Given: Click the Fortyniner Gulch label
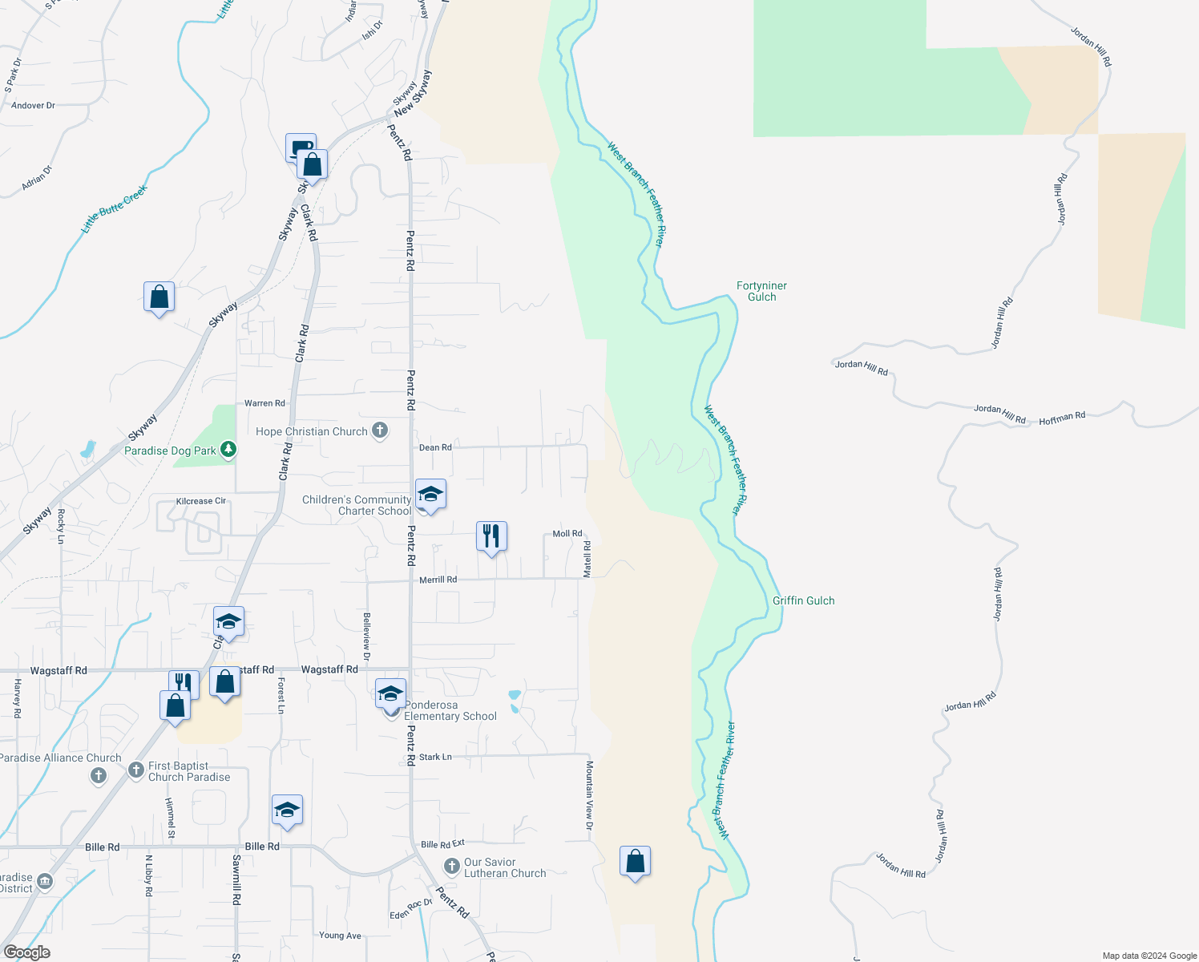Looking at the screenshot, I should click(761, 291).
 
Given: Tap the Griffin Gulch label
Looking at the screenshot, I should click(803, 600).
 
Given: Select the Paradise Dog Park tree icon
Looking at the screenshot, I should click(228, 450).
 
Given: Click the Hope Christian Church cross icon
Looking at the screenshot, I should click(380, 431).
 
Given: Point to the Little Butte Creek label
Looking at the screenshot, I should click(114, 208).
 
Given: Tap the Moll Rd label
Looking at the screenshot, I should click(567, 534).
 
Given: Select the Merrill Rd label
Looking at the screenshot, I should click(438, 580).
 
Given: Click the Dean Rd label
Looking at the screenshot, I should click(435, 447).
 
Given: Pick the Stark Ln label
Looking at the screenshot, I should click(435, 757).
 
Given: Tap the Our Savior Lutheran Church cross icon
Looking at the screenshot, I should click(452, 867).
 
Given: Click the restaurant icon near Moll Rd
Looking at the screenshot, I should click(491, 535).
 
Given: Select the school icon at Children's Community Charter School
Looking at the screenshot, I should click(430, 494).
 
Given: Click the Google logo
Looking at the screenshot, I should click(27, 952).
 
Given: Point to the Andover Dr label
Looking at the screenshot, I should click(33, 105).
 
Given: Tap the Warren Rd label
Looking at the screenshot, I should click(264, 403).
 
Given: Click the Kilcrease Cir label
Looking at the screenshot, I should click(201, 501).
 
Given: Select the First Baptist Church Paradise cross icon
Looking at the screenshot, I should click(136, 770).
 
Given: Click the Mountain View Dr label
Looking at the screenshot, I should click(589, 795).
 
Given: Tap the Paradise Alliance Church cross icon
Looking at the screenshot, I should click(99, 775).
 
